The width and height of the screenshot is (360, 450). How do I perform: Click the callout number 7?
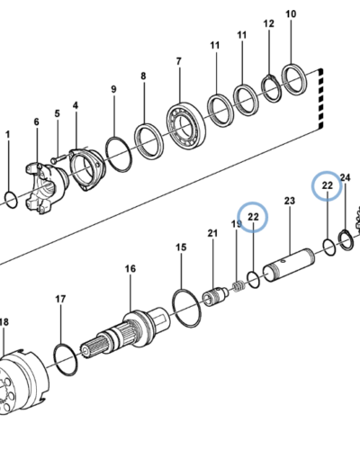179,61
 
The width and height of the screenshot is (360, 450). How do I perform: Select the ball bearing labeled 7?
186,126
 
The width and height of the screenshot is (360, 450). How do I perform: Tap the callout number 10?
291,13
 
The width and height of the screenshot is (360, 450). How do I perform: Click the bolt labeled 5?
58,158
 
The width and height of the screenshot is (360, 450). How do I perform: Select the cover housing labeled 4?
87,170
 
